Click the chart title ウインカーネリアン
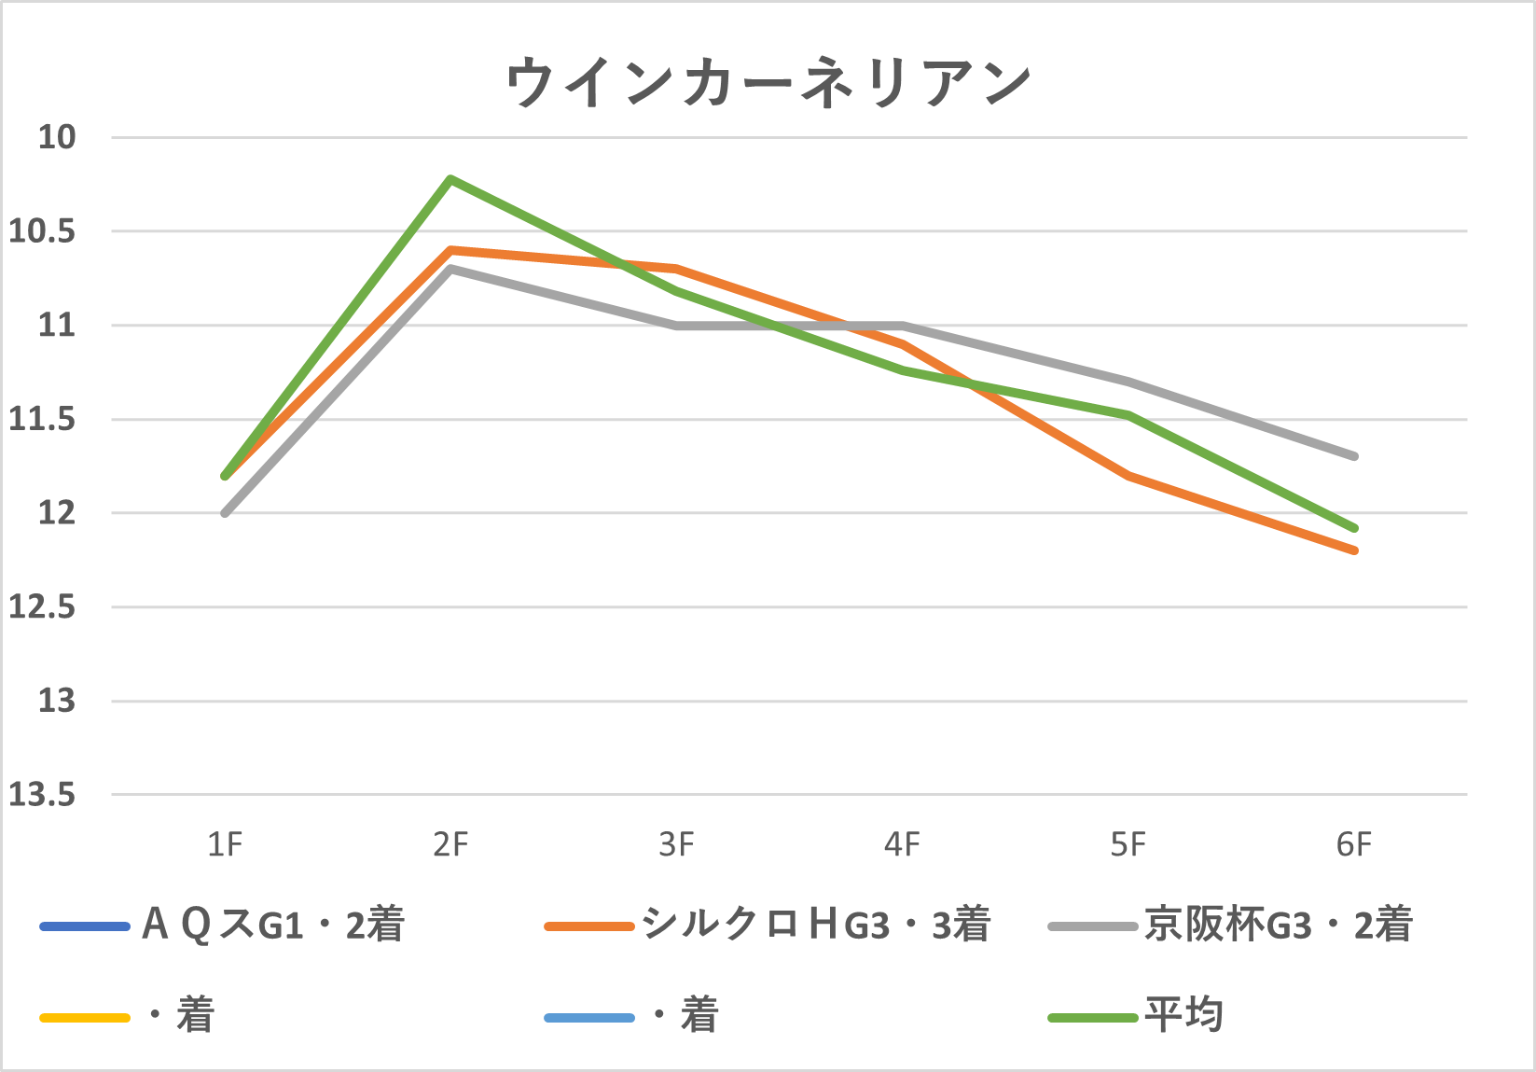pos(768,84)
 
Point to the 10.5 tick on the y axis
pos(42,231)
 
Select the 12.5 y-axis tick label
pos(42,607)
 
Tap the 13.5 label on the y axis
pos(42,795)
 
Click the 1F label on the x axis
pos(225,845)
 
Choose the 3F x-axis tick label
pos(676,845)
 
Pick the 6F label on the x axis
pos(1353,845)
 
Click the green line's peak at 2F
pos(450,178)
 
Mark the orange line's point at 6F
pos(1354,550)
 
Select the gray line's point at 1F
pos(225,513)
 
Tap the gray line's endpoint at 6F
pos(1354,456)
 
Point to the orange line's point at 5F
pos(1128,476)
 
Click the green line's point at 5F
pos(1128,415)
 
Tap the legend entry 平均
pos(1183,1015)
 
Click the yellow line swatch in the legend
pos(84,1017)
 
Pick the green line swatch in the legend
pos(1093,1017)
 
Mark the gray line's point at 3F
pos(676,326)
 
